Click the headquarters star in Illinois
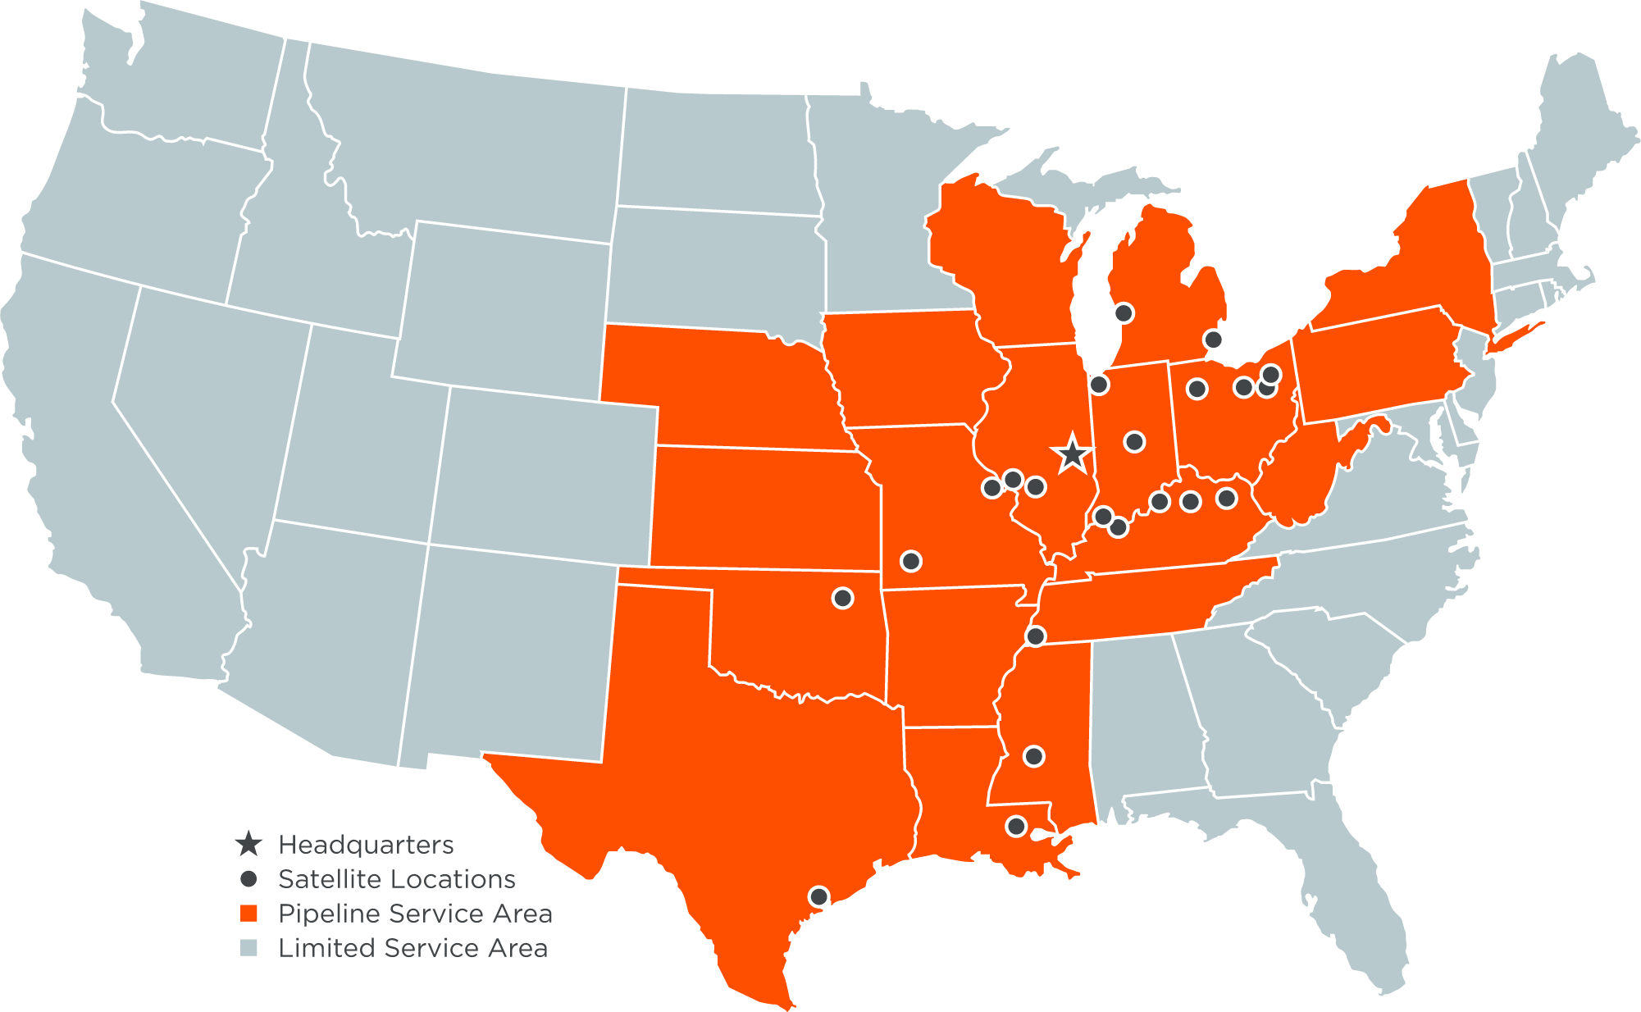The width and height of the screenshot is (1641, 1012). [x=1073, y=454]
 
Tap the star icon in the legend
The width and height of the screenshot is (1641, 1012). [x=248, y=843]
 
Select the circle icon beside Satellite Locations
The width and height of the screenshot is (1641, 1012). [x=248, y=879]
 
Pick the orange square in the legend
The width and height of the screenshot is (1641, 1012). [x=248, y=914]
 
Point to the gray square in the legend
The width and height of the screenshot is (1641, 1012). [x=248, y=948]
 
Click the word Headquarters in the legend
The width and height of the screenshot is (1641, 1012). [x=366, y=845]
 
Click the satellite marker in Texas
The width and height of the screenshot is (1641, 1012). [x=818, y=896]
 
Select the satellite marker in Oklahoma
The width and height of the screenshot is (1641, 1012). [x=842, y=598]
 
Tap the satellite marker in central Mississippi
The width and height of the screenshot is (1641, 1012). [x=1034, y=756]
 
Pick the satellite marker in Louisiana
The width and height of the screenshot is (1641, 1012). [x=1016, y=826]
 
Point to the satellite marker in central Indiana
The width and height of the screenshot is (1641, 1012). [x=1134, y=442]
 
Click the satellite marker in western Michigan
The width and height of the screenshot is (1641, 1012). [x=1124, y=312]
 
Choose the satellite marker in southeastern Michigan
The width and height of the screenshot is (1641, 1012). [x=1213, y=339]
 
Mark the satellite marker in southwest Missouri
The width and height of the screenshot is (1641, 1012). [x=911, y=561]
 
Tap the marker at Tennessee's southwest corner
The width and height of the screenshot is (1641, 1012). [x=1036, y=636]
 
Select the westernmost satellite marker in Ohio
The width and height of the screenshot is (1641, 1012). [x=1197, y=389]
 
